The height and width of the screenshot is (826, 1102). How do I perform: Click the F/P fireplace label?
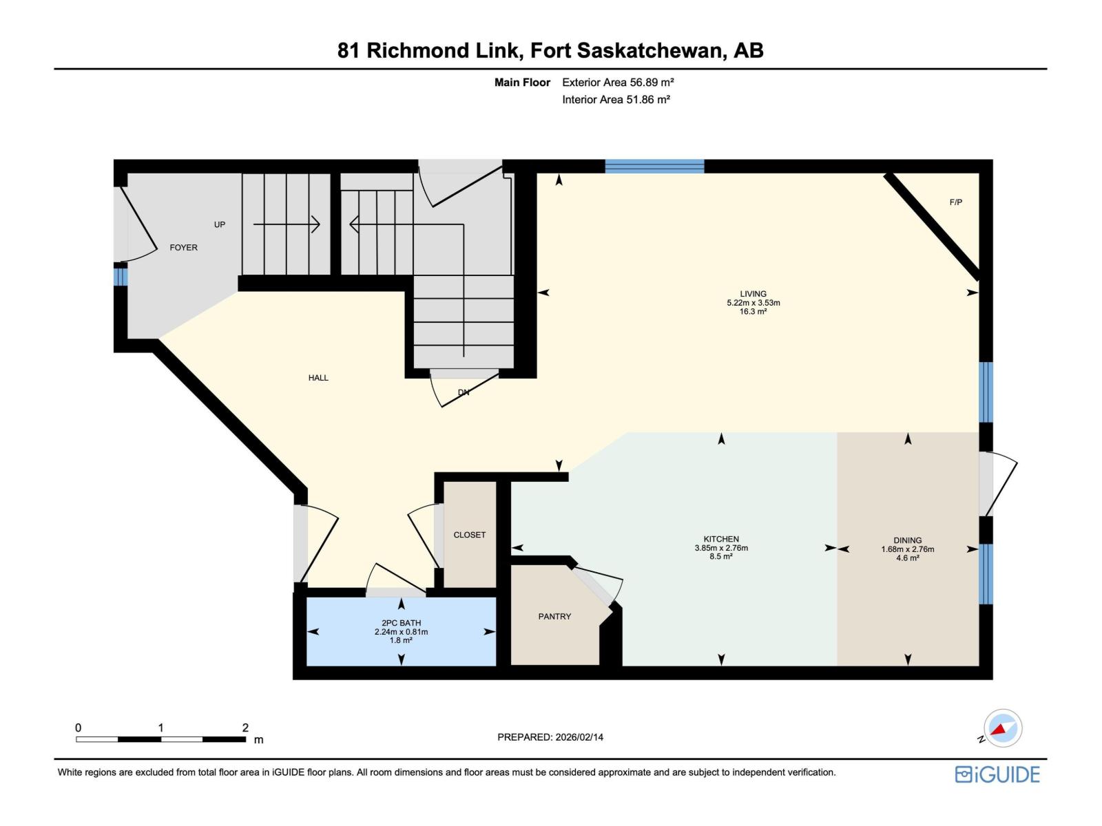955,202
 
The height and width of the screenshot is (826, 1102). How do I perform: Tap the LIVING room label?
753,294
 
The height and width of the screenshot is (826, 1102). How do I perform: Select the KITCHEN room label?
721,540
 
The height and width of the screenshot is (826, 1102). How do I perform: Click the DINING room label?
907,541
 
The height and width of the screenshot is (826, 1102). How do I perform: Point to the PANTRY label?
554,617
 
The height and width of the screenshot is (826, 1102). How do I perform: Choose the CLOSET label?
469,535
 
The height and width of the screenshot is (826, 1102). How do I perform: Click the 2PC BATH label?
401,623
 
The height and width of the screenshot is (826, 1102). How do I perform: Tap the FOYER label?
183,248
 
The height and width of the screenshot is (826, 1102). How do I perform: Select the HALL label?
318,378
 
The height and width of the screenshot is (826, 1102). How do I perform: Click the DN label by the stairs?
464,393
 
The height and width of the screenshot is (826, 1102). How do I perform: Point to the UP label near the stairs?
220,225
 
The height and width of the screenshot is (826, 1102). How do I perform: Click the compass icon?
1003,728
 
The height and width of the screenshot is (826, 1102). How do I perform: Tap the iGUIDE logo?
997,774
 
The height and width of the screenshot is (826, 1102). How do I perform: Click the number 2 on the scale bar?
245,728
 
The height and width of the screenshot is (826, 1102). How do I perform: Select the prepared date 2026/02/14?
579,737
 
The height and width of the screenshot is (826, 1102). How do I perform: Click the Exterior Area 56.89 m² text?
618,83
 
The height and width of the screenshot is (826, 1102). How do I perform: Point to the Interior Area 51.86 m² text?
616,100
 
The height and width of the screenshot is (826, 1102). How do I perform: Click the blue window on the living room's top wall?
654,166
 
